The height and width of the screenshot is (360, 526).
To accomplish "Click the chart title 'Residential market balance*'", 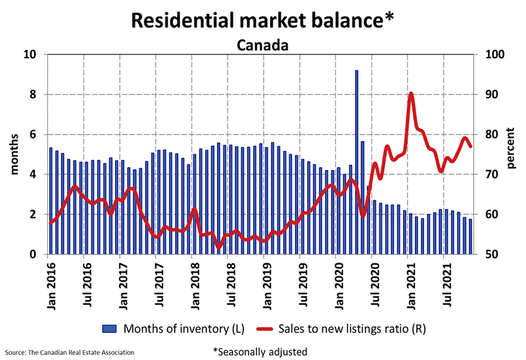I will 262,20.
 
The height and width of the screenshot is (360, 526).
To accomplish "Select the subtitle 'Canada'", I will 262,45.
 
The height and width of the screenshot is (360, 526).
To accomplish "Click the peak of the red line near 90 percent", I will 411,94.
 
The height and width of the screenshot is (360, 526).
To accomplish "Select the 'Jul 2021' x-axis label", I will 448,281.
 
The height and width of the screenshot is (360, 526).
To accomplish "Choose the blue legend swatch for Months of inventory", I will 110,326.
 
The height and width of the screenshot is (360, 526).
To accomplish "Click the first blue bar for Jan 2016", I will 51,201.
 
